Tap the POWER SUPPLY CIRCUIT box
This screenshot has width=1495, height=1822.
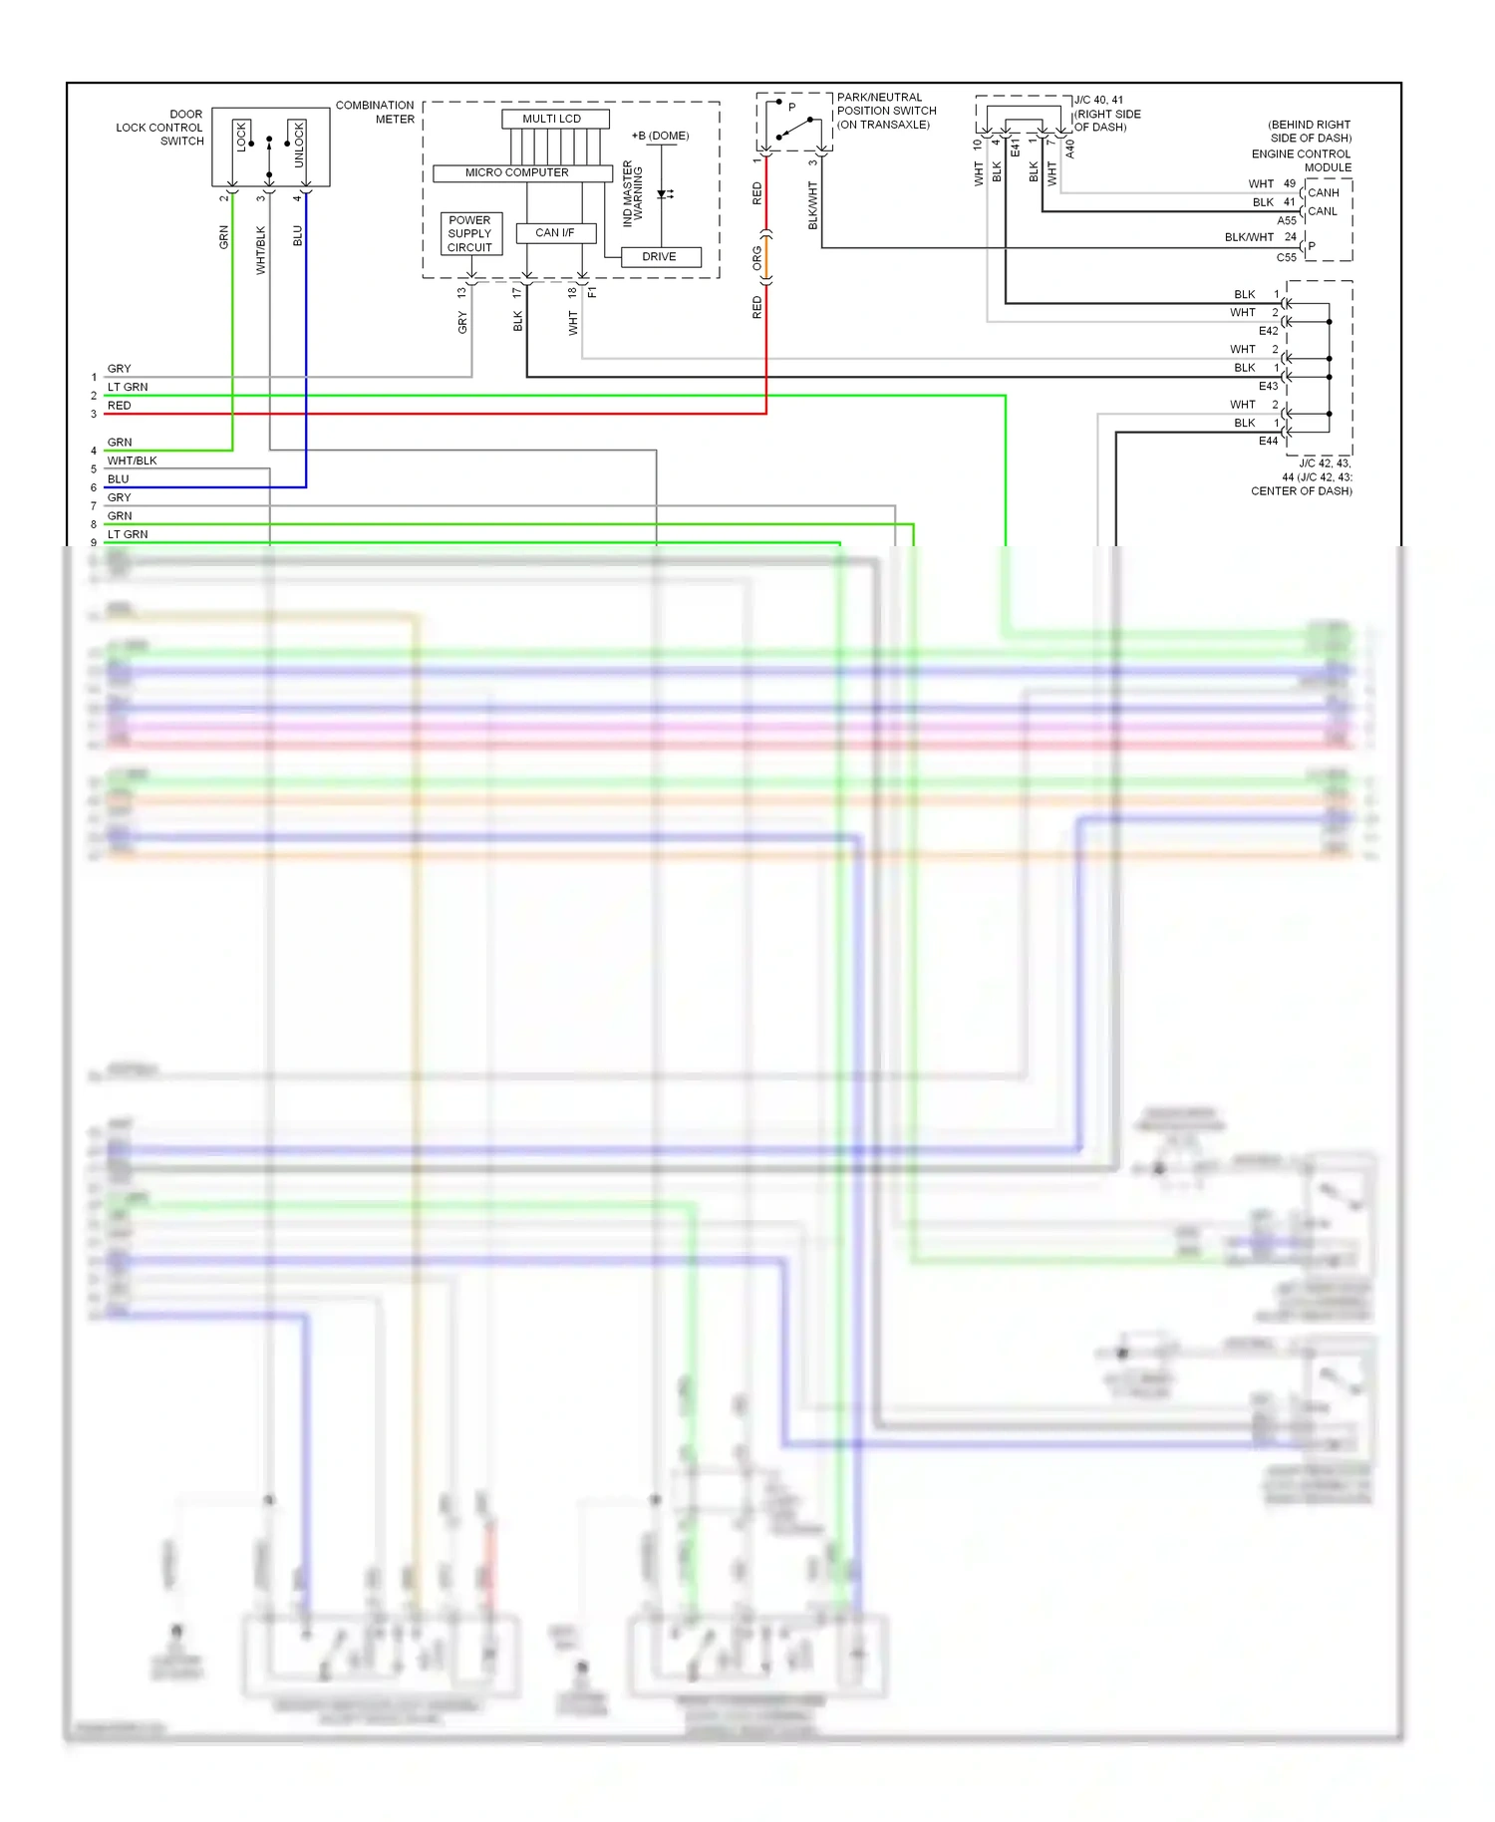click(x=470, y=233)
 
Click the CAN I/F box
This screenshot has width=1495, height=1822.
click(x=555, y=232)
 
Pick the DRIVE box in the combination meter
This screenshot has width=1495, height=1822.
click(x=660, y=256)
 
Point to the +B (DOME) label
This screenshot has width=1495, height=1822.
click(x=660, y=136)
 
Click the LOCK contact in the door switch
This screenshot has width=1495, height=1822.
click(x=241, y=137)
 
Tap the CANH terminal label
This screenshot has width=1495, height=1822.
click(x=1324, y=192)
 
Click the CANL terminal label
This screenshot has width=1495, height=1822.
click(x=1323, y=211)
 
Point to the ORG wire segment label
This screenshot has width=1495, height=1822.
click(x=756, y=259)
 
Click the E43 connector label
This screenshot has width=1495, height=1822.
click(x=1268, y=386)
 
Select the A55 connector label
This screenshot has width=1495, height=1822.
click(x=1287, y=220)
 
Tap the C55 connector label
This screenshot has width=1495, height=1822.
click(x=1287, y=257)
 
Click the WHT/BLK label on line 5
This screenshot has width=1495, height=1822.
click(x=132, y=460)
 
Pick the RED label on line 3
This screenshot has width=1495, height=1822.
click(x=119, y=406)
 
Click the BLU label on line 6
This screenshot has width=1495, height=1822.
click(x=118, y=479)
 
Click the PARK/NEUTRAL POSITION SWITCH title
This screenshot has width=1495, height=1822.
click(x=886, y=111)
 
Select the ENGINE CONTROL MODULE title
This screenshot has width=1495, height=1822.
click(x=1302, y=160)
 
